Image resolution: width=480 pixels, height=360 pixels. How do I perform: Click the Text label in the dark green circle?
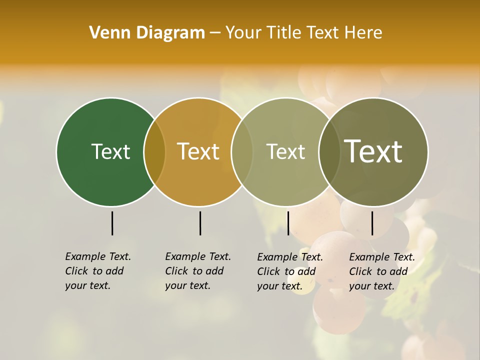point(110,151)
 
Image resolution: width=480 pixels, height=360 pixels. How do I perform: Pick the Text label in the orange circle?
point(198,151)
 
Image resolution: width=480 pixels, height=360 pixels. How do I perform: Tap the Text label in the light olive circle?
point(285,151)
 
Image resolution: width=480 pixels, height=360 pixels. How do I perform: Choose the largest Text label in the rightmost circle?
point(373,151)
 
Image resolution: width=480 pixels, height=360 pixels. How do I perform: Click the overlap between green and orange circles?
point(154,152)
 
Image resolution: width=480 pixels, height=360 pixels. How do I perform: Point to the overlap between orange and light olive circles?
point(242,152)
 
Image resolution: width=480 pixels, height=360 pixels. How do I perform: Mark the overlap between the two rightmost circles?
point(329,152)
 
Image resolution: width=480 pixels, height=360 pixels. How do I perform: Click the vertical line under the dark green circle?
point(112,223)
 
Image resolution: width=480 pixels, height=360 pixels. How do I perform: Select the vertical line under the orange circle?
point(200,223)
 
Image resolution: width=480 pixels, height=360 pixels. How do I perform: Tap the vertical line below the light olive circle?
point(288,223)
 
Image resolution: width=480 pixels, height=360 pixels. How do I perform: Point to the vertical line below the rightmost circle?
point(372,223)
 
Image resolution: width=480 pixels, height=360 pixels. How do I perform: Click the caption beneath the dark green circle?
point(97,271)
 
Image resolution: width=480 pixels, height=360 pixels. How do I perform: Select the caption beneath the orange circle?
point(197,271)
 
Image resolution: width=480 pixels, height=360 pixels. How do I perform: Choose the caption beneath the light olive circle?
point(289,271)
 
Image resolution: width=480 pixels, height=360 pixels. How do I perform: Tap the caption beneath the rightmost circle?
point(381,271)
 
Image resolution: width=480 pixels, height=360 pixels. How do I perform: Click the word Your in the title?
point(243,32)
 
